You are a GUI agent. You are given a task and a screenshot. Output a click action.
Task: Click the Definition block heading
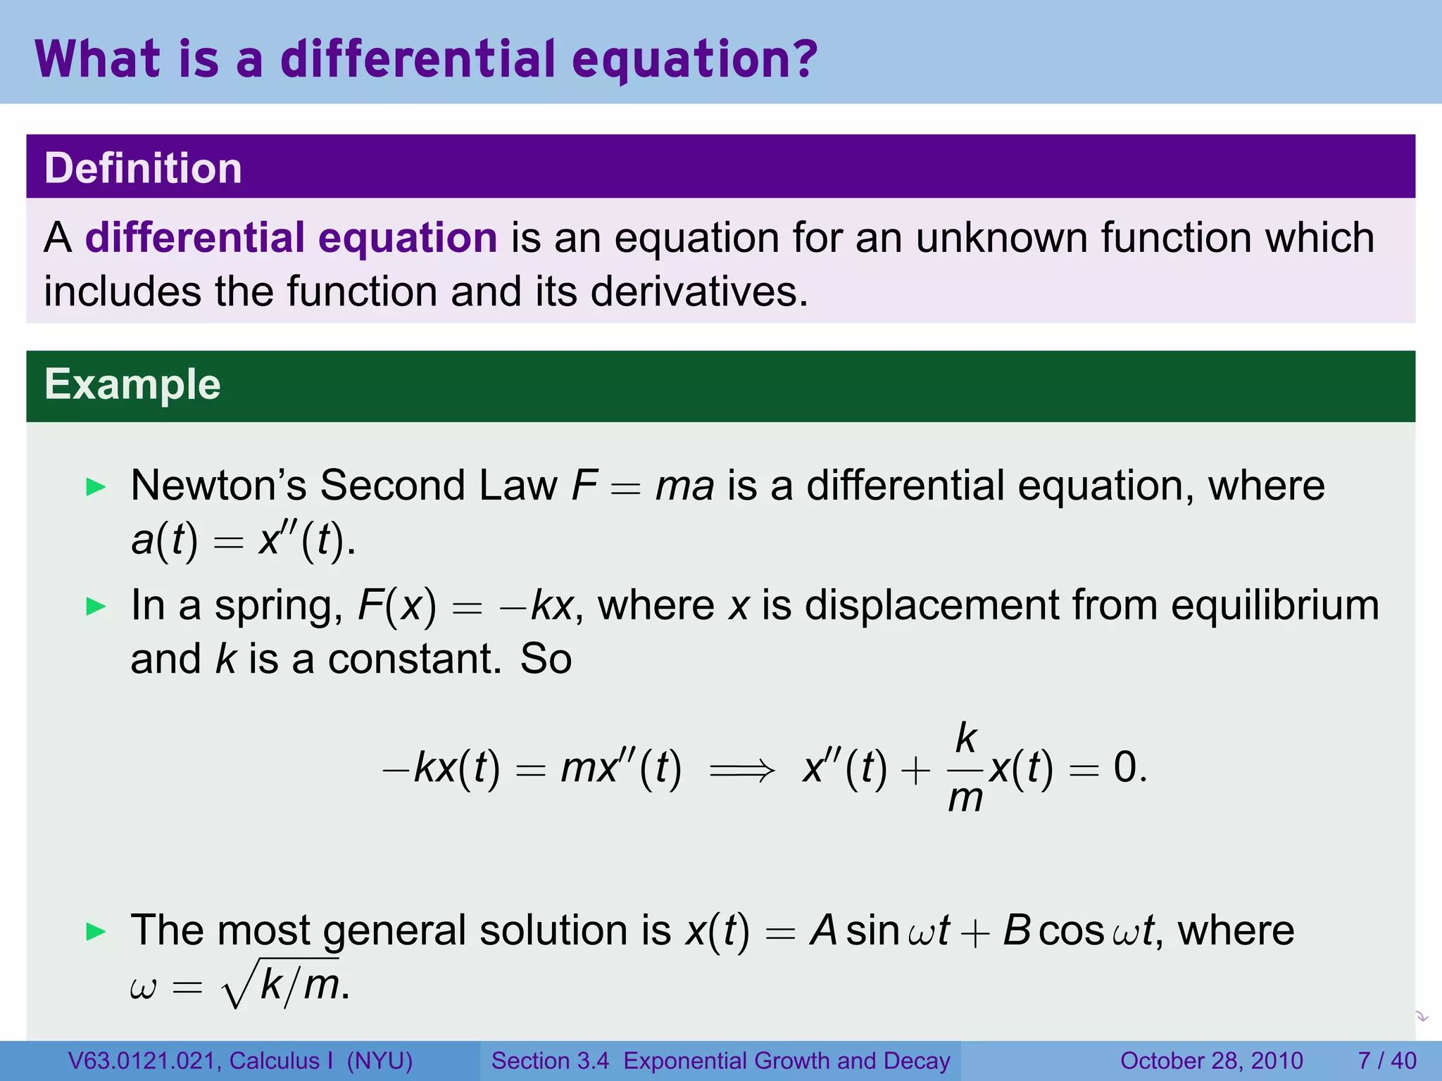143,168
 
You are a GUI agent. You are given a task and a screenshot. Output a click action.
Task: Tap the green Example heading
132,384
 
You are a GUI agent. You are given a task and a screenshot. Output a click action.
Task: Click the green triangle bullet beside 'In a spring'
96,606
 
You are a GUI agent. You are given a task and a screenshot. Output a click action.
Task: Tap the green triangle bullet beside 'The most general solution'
96,932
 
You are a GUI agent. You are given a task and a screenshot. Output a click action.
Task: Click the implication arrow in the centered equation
742,769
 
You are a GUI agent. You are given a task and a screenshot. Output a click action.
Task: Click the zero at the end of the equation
1124,767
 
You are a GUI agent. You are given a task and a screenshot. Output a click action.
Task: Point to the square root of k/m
282,984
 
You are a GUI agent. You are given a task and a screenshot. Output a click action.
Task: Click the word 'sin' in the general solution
872,930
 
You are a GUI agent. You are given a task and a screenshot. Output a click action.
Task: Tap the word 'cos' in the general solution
1070,930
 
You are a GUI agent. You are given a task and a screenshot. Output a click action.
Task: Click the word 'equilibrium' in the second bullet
1274,605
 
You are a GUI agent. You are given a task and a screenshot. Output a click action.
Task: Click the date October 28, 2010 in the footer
1211,1061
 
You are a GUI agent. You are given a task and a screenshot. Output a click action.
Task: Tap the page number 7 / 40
1386,1061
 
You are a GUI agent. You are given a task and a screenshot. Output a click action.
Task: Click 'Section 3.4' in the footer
550,1061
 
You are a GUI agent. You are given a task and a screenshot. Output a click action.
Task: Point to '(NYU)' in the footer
380,1061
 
